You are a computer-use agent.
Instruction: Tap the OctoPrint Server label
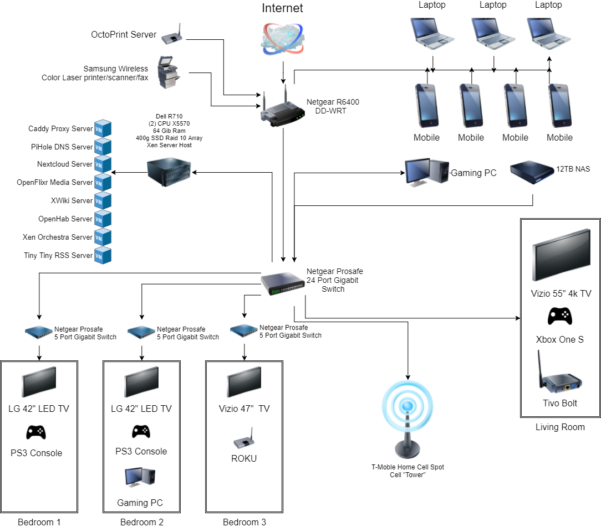[124, 35]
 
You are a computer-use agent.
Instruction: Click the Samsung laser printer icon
[169, 72]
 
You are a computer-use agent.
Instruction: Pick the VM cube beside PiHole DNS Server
[103, 147]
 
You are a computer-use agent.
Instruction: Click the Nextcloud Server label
[65, 164]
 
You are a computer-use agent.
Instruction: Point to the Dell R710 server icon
[169, 172]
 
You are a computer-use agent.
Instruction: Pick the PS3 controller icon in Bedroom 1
[36, 432]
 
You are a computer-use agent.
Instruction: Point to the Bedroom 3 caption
[244, 522]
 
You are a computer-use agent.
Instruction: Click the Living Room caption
[560, 427]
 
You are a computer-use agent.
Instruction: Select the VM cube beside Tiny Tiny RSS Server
[103, 256]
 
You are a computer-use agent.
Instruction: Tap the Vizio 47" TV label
[244, 409]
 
